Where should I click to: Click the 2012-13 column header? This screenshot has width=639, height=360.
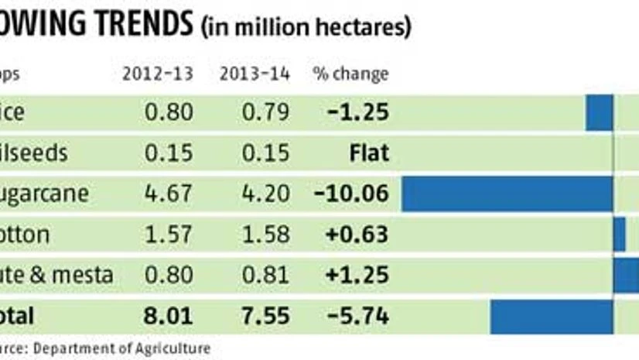click(x=157, y=74)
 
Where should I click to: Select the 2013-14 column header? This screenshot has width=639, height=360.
click(x=255, y=74)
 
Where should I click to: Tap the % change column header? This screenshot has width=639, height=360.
click(x=350, y=74)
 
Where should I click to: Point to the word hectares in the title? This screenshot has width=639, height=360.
click(x=367, y=28)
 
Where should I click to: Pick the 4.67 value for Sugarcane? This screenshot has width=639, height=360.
click(x=168, y=194)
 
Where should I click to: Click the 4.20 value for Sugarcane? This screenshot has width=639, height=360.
click(x=265, y=194)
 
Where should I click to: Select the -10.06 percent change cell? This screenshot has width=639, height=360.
click(x=352, y=194)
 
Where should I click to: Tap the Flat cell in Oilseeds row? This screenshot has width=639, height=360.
click(x=369, y=153)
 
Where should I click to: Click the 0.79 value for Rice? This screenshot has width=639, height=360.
click(x=265, y=112)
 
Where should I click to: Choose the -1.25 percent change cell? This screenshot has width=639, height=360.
click(x=357, y=112)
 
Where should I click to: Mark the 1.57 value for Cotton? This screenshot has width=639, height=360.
click(x=168, y=234)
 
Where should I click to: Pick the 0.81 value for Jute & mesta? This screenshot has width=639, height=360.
click(x=265, y=274)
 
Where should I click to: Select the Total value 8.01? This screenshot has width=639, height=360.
click(x=168, y=316)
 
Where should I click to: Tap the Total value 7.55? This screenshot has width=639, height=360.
click(x=265, y=316)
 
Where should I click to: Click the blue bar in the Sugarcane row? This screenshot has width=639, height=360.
click(x=507, y=194)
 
